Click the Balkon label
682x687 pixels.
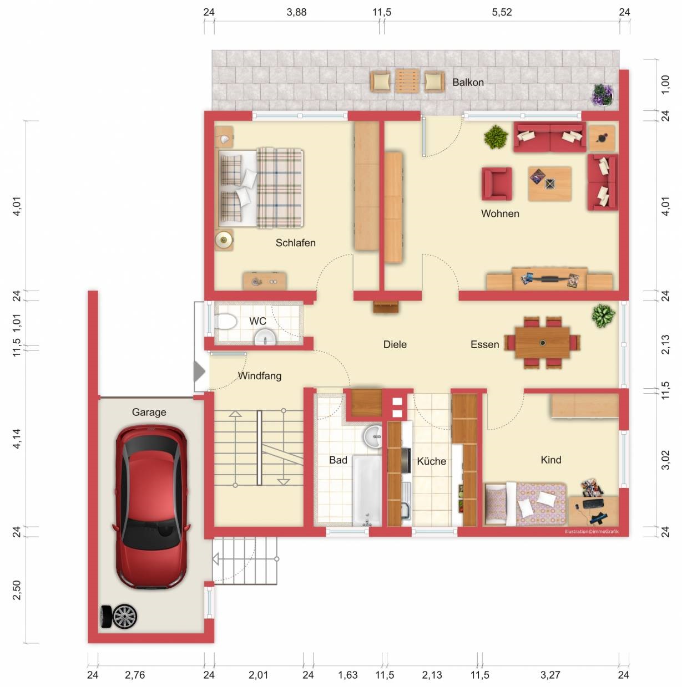(468, 83)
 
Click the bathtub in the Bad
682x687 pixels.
(367, 490)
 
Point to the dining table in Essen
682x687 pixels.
(542, 343)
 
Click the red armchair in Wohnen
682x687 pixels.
(497, 184)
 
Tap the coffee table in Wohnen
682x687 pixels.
(549, 184)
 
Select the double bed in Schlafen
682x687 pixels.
(261, 188)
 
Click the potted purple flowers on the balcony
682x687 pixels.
(603, 95)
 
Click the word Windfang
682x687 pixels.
(260, 376)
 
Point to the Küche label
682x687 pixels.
(431, 461)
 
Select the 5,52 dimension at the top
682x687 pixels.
(502, 12)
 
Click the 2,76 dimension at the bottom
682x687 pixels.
(135, 674)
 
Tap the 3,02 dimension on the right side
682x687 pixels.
(665, 460)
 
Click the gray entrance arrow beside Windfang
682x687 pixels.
(199, 372)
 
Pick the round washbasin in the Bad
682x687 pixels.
(372, 436)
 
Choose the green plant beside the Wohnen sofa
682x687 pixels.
(496, 138)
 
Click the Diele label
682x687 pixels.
(395, 344)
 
